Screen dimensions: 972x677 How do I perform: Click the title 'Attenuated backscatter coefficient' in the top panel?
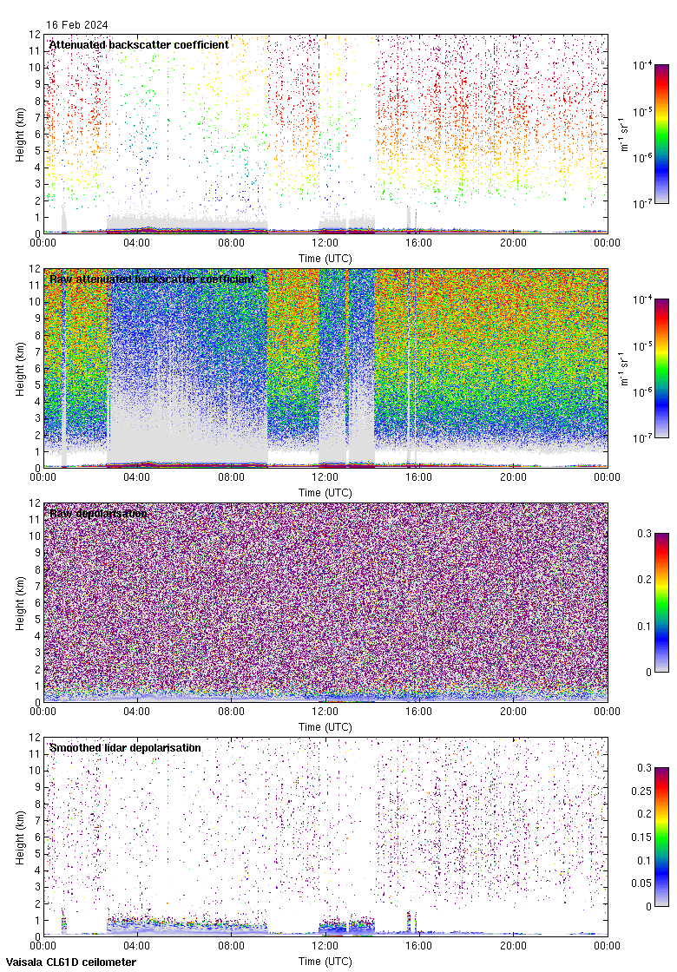(139, 44)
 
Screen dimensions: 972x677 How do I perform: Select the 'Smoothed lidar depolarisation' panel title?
(125, 747)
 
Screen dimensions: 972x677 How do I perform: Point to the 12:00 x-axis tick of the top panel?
(325, 243)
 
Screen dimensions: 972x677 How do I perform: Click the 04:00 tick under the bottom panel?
(137, 946)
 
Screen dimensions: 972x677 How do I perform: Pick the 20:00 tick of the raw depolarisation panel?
(513, 712)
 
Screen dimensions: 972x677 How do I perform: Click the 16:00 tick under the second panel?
(419, 477)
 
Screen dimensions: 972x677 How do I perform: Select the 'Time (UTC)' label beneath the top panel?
(325, 258)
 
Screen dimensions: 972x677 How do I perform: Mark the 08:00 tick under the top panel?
(231, 243)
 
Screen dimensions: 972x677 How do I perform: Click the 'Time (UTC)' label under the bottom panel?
(325, 961)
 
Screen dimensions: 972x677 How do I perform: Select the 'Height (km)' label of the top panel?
(20, 134)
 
